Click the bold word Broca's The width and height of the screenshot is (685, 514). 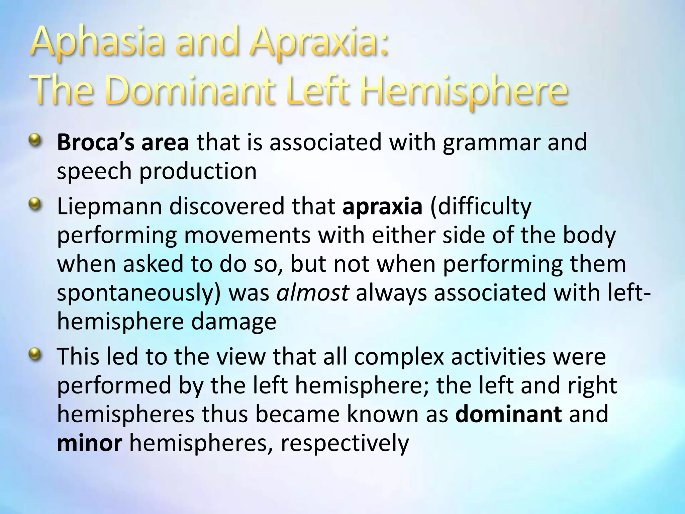pyautogui.click(x=96, y=142)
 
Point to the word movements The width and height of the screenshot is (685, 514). pyautogui.click(x=247, y=236)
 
